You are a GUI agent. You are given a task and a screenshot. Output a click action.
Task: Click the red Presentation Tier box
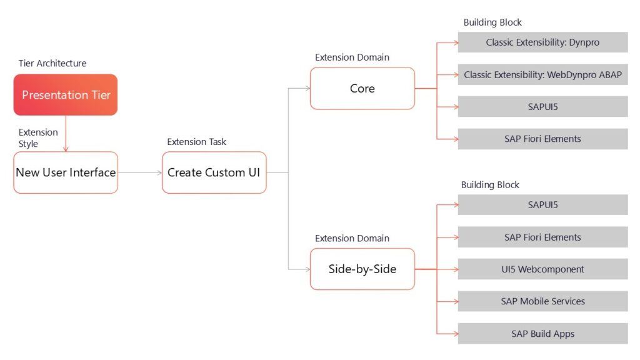[66, 95]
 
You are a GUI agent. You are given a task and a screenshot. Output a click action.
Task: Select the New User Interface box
[66, 172]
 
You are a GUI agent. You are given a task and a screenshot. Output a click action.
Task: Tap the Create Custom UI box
[214, 172]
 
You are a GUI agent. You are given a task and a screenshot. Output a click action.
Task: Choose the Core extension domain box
[362, 89]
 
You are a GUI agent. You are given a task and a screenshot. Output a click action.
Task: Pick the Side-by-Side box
[362, 269]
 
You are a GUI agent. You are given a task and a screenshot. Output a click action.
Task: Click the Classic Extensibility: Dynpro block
[542, 42]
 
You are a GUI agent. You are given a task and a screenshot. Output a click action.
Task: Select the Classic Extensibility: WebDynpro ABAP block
[542, 75]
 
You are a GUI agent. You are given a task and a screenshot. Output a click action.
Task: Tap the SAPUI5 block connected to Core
[542, 107]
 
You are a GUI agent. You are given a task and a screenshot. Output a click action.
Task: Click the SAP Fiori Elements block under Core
[542, 139]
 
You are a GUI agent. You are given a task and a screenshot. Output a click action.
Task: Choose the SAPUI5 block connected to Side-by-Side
[542, 205]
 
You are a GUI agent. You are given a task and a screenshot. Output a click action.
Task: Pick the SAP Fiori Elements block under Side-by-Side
[542, 237]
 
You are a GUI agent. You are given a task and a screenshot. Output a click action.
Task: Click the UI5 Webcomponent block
[542, 269]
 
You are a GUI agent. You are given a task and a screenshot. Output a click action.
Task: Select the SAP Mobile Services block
[542, 301]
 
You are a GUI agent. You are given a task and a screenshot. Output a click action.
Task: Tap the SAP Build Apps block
[542, 334]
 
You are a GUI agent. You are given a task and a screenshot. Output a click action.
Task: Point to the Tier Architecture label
[52, 63]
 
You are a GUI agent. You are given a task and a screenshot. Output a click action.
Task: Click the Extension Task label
[197, 142]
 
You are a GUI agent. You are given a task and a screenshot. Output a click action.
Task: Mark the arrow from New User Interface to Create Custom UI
[139, 172]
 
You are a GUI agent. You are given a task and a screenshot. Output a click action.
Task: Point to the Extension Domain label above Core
[352, 57]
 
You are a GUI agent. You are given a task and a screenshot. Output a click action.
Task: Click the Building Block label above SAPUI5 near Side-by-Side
[490, 185]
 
